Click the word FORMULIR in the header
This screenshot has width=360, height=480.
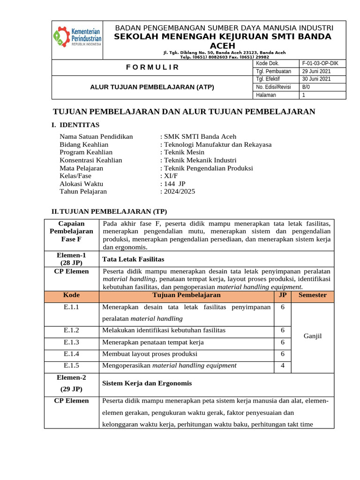(152, 67)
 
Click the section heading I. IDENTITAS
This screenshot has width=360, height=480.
(75, 125)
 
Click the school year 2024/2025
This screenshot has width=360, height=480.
(180, 191)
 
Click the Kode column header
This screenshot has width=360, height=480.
(71, 295)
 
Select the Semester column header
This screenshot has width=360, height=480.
(312, 295)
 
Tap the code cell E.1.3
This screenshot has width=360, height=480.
(71, 342)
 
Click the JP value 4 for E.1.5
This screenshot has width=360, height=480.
(282, 366)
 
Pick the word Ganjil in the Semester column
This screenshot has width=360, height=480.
(312, 337)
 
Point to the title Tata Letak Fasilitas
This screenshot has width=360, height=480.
(133, 259)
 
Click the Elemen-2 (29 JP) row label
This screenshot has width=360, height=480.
(71, 383)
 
